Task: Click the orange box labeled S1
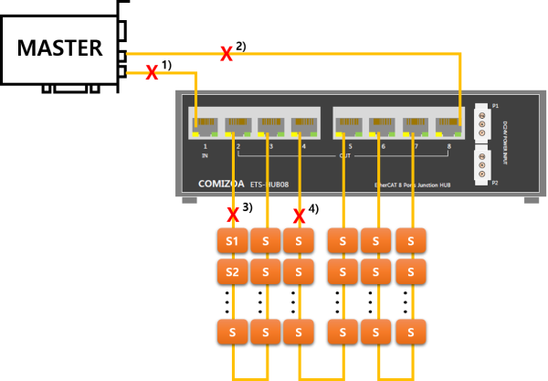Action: [232, 240]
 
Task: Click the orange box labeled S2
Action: [232, 271]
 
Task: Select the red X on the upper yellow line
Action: [226, 54]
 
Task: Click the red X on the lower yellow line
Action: [152, 72]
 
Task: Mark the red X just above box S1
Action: [233, 215]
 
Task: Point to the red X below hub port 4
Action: [299, 216]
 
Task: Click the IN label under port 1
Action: [205, 155]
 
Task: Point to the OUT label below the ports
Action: [345, 155]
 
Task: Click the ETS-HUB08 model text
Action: [269, 185]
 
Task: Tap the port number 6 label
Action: [383, 146]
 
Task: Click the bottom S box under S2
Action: [232, 332]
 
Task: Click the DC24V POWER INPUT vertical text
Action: [504, 143]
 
